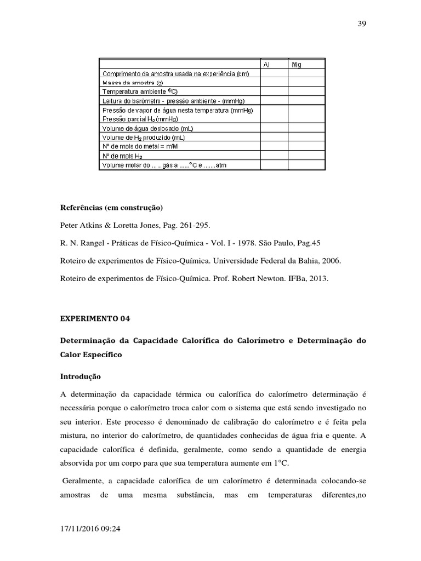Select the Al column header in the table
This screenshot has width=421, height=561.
tap(266, 64)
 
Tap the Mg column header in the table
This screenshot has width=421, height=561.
tap(297, 64)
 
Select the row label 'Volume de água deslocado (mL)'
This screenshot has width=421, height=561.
tap(147, 128)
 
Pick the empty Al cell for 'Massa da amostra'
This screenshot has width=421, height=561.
tap(274, 83)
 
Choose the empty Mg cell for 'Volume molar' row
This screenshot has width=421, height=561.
tap(307, 165)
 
